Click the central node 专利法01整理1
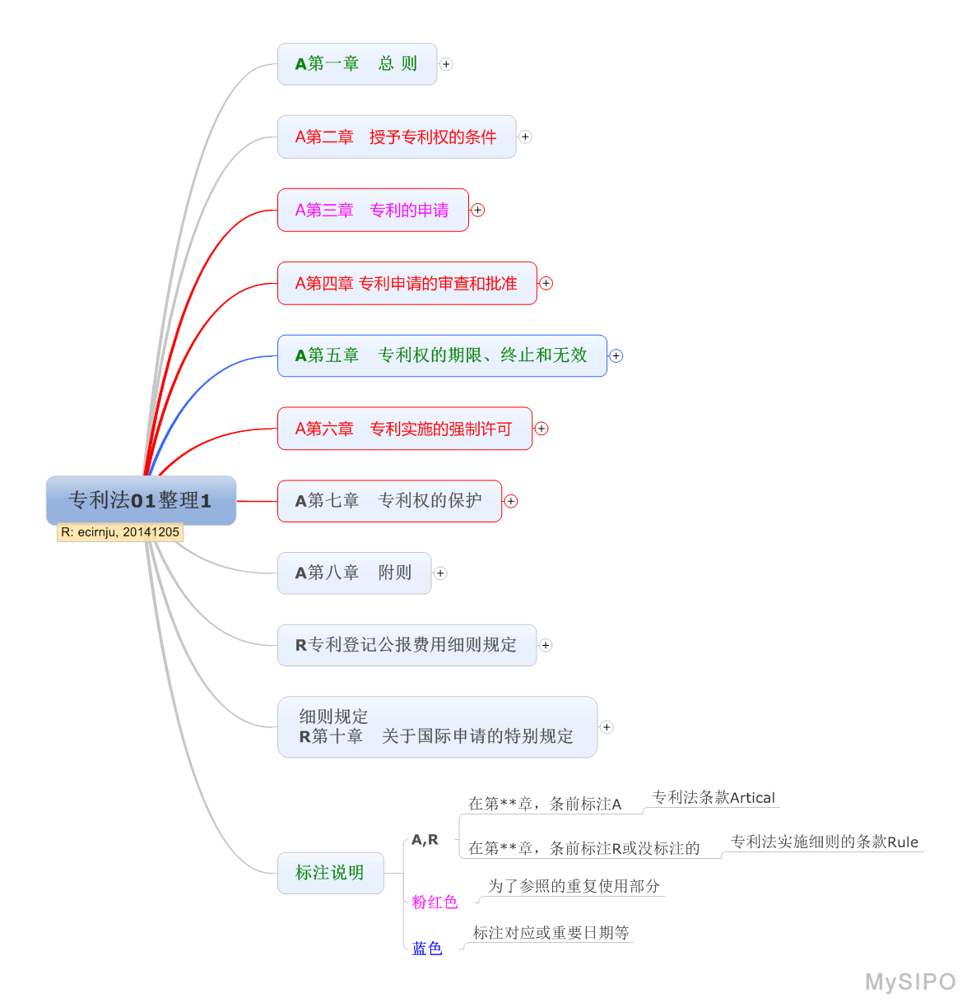141,500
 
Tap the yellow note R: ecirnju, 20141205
120,532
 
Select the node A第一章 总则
357,64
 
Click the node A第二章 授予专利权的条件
397,137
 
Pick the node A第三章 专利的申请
373,211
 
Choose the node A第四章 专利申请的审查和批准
407,284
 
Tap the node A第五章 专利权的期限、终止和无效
442,355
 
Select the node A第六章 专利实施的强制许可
404,429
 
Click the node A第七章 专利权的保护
389,501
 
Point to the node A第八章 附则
354,573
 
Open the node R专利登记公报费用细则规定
407,645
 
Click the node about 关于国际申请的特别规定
437,727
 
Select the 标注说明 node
330,873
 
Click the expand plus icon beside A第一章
446,64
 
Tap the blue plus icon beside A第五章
616,356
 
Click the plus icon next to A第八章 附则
440,573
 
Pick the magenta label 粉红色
435,902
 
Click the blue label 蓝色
427,949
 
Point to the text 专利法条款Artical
714,797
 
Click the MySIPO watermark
910,981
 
